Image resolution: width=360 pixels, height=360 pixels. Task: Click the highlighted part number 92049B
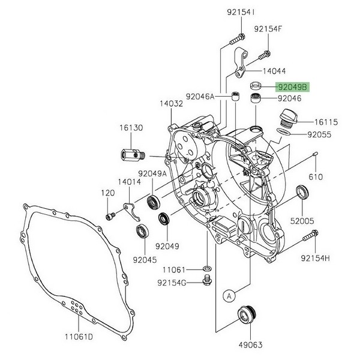click(293, 87)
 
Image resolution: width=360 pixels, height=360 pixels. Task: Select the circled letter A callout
click(229, 296)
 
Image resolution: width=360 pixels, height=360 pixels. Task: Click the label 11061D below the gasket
click(79, 337)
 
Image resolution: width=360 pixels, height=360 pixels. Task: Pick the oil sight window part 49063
click(247, 316)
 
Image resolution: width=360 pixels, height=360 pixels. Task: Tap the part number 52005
click(302, 221)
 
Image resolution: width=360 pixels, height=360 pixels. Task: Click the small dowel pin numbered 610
click(315, 154)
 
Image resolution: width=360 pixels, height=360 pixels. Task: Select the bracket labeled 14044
click(240, 62)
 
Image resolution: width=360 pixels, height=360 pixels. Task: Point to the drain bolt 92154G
click(208, 281)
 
